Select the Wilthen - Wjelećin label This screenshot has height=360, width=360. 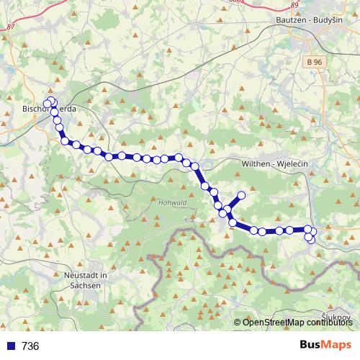274,164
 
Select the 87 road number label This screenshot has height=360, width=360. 9,27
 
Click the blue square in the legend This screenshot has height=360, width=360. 9,346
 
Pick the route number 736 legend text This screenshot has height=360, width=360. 30,346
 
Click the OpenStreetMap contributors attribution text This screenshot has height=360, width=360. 297,322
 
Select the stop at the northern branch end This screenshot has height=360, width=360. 241,195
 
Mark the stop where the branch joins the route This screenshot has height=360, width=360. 227,210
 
